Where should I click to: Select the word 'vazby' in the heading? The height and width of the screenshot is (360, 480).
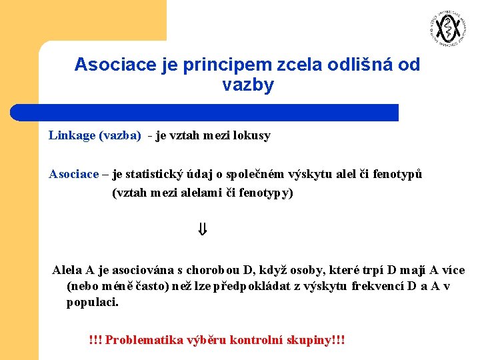point(247,86)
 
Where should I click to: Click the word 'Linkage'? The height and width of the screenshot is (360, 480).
point(72,136)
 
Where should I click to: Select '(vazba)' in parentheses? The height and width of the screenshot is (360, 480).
point(120,136)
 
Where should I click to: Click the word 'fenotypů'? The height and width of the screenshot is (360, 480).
point(397,175)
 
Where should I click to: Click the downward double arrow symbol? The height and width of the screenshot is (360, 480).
point(203,231)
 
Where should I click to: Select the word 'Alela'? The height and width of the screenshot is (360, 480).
point(67,270)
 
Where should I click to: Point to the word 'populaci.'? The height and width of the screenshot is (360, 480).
point(93,303)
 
